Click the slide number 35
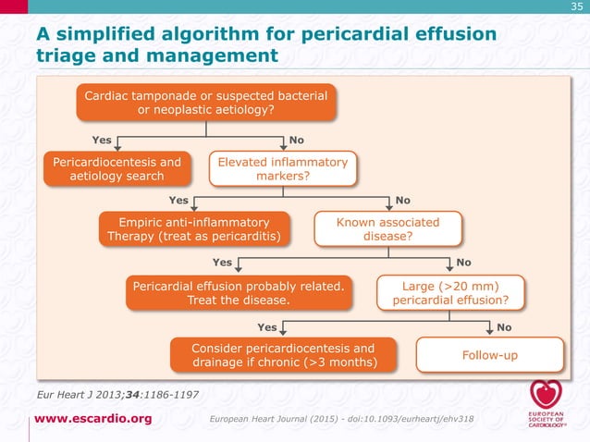coord(576,8)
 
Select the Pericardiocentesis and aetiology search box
coord(117,168)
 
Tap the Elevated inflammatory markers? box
coord(282,169)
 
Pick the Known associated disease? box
coord(387,228)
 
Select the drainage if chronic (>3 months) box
coord(283,354)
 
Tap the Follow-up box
coord(491,354)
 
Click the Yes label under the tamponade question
coord(102,140)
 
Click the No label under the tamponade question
coord(297,140)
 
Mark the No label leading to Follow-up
coord(504,326)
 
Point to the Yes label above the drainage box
coord(266,326)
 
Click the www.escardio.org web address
coord(93,420)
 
